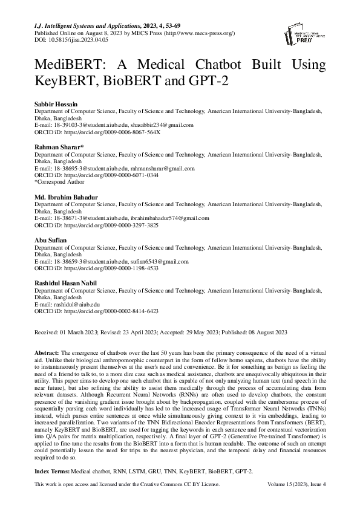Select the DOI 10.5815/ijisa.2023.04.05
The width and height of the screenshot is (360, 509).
tap(71, 39)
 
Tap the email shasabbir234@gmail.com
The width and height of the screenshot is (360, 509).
tap(161, 125)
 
